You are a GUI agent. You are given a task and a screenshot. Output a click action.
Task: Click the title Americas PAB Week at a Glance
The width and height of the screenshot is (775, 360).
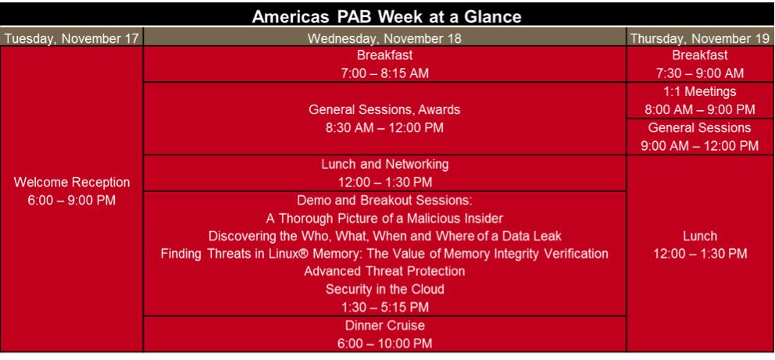387,17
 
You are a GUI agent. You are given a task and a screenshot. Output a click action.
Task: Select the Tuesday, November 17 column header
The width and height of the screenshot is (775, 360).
72,38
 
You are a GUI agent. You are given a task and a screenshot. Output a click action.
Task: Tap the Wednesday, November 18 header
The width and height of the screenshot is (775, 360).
384,38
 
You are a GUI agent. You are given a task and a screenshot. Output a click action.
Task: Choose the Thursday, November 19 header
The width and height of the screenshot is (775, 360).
699,38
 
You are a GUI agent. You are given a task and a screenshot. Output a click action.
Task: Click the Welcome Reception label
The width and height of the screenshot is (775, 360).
72,182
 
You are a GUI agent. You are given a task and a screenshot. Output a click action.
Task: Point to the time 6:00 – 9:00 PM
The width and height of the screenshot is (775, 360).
72,201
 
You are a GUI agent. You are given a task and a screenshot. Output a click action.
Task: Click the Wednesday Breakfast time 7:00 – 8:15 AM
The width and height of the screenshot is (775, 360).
384,73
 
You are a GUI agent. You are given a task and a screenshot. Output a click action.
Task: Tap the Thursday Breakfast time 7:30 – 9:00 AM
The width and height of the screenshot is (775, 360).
699,73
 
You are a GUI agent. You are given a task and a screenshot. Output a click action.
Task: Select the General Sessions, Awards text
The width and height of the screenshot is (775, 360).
384,109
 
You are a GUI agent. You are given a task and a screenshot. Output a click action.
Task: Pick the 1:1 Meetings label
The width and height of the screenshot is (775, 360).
699,92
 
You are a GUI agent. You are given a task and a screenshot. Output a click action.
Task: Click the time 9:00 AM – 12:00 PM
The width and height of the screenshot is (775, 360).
699,146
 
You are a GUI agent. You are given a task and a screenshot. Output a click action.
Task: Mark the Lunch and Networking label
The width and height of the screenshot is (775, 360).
384,164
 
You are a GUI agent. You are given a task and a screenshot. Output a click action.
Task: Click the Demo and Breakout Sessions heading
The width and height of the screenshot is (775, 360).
384,200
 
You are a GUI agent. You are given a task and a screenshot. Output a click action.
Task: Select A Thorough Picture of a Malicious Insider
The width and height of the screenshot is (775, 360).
384,218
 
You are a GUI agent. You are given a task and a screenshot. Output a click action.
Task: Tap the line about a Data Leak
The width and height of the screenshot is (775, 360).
384,236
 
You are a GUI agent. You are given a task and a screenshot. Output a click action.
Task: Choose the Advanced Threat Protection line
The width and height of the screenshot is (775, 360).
384,272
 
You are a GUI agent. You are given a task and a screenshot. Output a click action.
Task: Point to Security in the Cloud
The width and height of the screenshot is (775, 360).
384,290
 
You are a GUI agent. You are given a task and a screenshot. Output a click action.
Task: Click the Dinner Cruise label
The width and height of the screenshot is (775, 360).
384,326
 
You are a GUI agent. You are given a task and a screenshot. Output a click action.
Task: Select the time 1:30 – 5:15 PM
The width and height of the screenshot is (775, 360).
384,308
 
